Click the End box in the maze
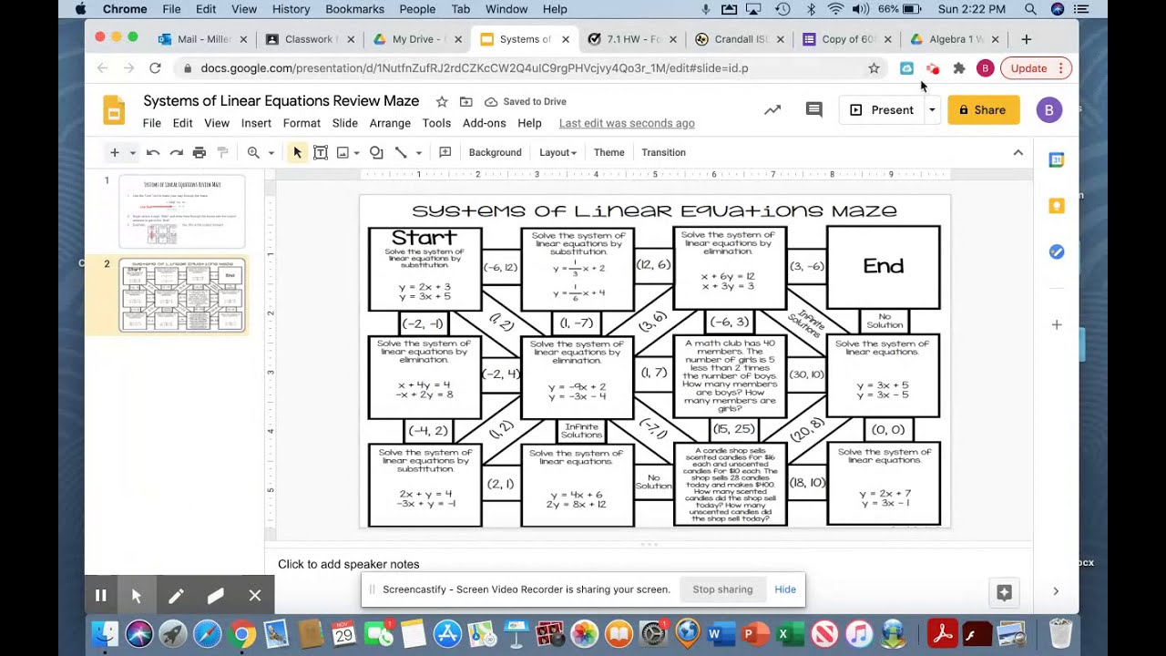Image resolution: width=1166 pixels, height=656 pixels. tap(883, 266)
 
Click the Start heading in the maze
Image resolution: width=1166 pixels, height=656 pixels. tap(424, 238)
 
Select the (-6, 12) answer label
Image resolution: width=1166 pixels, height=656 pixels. tap(500, 267)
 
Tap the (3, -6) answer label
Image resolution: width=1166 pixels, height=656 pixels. tap(806, 266)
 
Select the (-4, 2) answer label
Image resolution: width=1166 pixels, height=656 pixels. tap(427, 430)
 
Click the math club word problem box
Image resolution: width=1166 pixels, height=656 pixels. tap(730, 376)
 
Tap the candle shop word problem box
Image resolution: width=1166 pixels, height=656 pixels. tap(730, 484)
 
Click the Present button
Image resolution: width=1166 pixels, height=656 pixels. tap(881, 110)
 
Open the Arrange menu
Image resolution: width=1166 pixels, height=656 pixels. tap(390, 123)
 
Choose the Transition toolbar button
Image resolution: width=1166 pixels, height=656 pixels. tap(663, 152)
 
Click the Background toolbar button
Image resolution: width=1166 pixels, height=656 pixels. tap(495, 152)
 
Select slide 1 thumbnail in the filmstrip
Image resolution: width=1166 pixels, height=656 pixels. tap(182, 211)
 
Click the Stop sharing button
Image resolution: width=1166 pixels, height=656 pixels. tap(722, 589)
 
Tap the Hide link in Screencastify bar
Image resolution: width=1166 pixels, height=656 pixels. tap(785, 589)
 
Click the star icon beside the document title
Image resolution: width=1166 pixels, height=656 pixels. tap(442, 101)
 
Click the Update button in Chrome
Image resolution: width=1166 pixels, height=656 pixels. tap(1028, 68)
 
